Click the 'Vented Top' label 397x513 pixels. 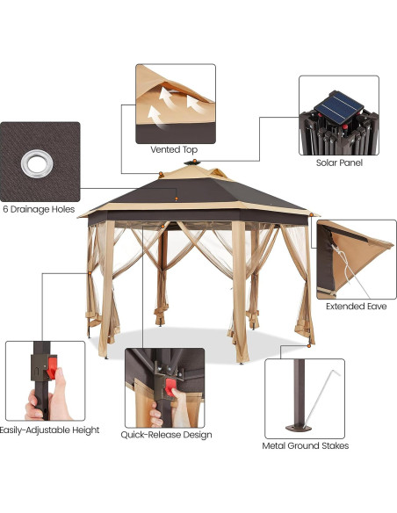(175, 150)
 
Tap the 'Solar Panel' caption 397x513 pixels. (338, 163)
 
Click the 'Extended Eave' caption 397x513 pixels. (356, 307)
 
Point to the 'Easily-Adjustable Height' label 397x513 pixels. (49, 430)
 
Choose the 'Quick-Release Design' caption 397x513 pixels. (168, 434)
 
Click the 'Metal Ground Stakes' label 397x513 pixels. (305, 445)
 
